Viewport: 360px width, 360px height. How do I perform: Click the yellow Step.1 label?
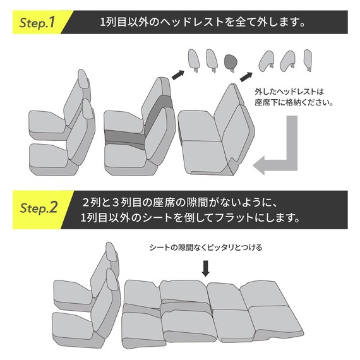[37, 23]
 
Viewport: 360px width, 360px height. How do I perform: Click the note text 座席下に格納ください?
[292, 102]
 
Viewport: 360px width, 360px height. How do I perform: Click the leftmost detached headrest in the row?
[193, 60]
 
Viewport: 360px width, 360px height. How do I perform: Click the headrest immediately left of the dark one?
[210, 60]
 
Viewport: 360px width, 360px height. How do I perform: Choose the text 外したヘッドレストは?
[287, 90]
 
